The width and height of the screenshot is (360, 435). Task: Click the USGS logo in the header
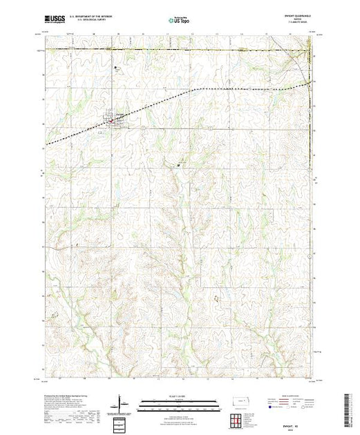coord(54,21)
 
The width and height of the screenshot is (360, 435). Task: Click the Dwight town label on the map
coord(119,115)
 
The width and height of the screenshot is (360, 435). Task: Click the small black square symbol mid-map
coord(179,165)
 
